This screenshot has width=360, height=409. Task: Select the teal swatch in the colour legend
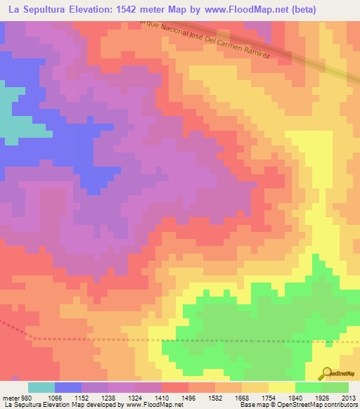point(41,387)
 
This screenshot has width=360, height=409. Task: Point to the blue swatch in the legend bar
point(68,387)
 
